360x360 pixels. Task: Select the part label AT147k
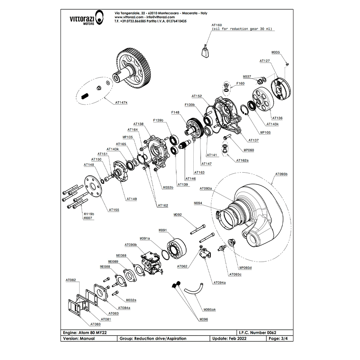(121, 103)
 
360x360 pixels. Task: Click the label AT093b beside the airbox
(281, 174)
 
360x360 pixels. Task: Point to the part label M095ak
(210, 309)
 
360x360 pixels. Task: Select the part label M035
(275, 52)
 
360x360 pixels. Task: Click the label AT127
(265, 61)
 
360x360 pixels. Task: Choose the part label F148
(175, 112)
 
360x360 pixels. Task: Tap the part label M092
(177, 215)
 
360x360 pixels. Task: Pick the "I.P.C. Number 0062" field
(257, 333)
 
